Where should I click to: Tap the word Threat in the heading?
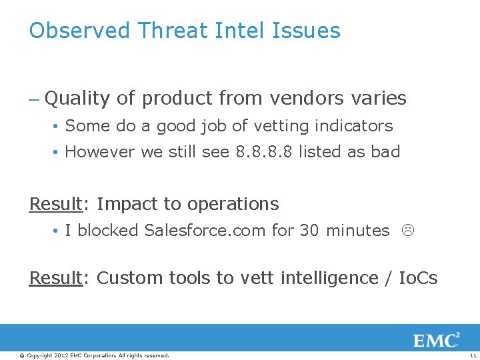click(173, 31)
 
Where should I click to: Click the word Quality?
click(77, 99)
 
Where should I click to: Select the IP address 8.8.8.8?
click(265, 152)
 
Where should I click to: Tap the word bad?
click(385, 152)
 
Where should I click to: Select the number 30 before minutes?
click(309, 231)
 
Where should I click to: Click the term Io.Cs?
click(418, 278)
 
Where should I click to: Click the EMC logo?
click(436, 341)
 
